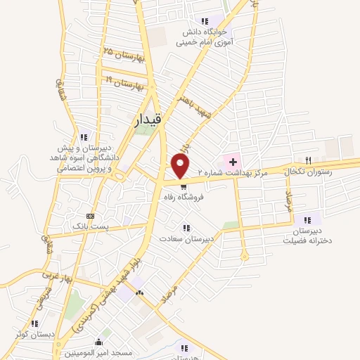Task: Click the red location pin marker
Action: [x=181, y=166]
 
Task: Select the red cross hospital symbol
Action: [x=233, y=161]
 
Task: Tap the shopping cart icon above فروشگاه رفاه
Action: [x=184, y=187]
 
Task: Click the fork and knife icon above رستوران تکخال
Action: [x=307, y=160]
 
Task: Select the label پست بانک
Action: [x=89, y=226]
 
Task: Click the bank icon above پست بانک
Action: [x=89, y=216]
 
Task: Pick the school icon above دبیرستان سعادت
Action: [x=186, y=228]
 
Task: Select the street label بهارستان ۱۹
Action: [x=127, y=84]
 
